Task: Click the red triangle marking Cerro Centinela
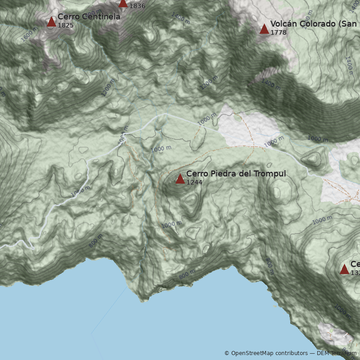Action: pos(51,22)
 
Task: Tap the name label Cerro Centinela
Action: pos(89,17)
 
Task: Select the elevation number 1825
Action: pos(65,25)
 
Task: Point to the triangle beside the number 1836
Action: pos(123,3)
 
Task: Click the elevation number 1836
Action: pos(137,6)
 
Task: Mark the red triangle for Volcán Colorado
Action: pos(264,29)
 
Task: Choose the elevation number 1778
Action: pos(278,32)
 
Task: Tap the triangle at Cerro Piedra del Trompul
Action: pos(180,179)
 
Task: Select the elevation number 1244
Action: pos(194,182)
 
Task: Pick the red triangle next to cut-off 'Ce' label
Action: pos(344,270)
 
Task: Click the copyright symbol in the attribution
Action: pos(227,353)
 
